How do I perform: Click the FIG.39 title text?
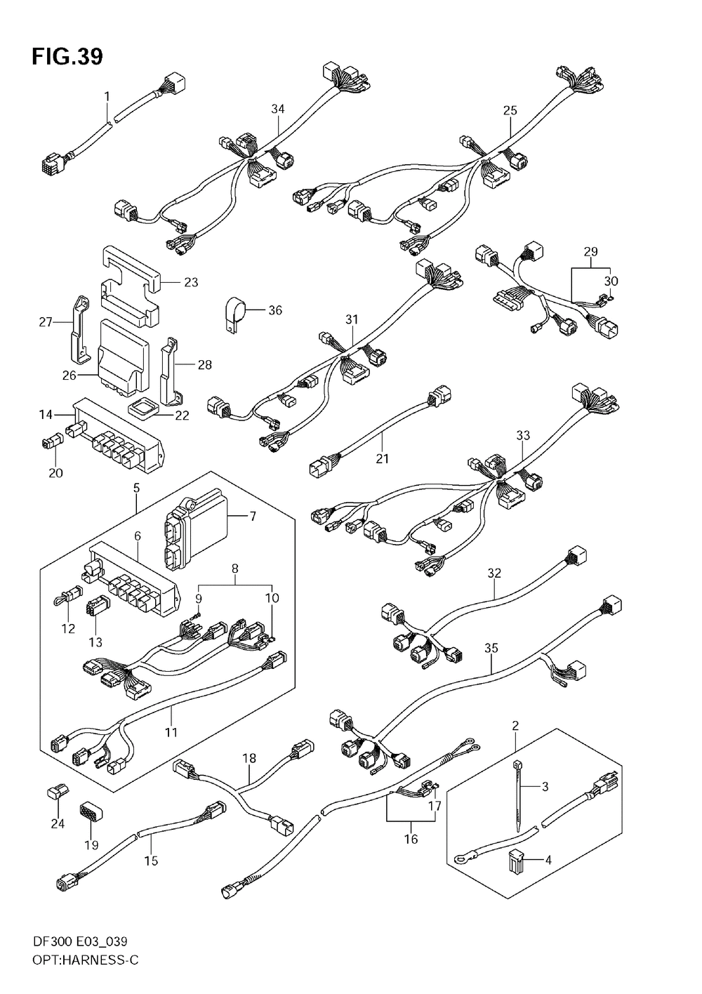click(67, 56)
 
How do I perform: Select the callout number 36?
click(275, 310)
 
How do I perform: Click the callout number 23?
click(191, 282)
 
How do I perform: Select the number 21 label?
click(382, 459)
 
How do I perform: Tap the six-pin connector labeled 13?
click(95, 607)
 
